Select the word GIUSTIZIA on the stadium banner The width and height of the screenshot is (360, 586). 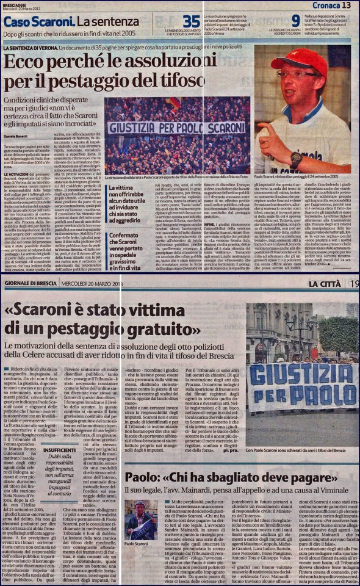coord(138,128)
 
